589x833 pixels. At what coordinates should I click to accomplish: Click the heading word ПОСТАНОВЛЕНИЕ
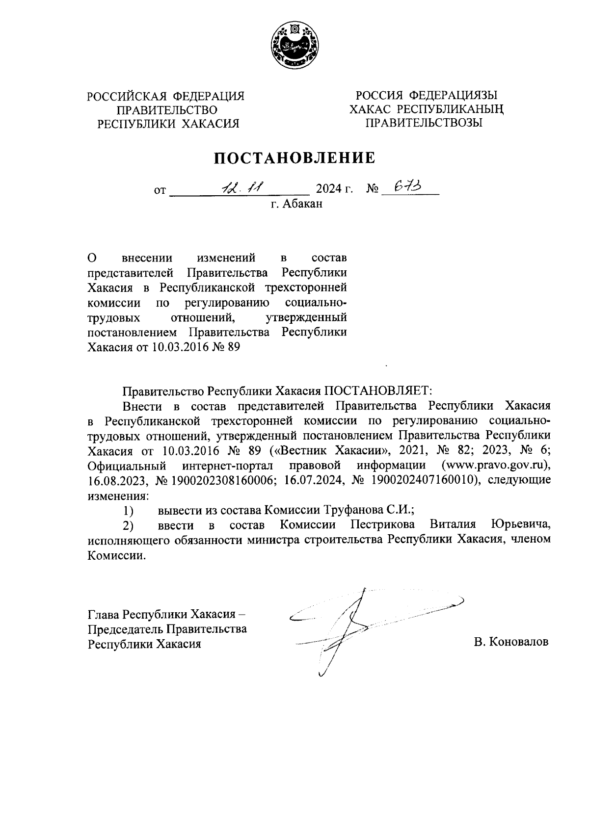294,158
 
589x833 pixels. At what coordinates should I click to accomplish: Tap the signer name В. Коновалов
511,642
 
